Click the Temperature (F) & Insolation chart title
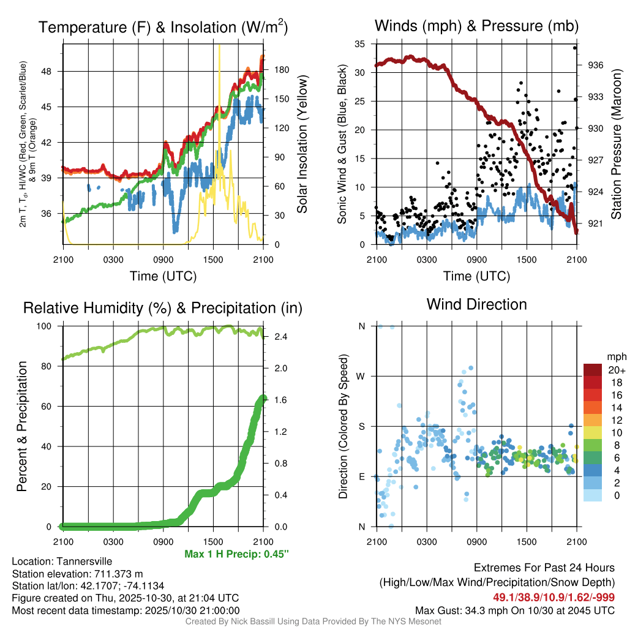pyautogui.click(x=163, y=27)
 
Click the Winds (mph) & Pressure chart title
pyautogui.click(x=476, y=26)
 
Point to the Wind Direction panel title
pyautogui.click(x=476, y=304)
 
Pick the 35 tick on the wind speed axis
pyautogui.click(x=361, y=44)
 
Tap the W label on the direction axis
pyautogui.click(x=361, y=376)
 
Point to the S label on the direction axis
pyautogui.click(x=361, y=426)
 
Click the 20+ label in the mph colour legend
pyautogui.click(x=615, y=370)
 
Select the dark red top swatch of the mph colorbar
pyautogui.click(x=593, y=370)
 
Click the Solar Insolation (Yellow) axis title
pyautogui.click(x=302, y=145)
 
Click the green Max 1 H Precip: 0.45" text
pyautogui.click(x=236, y=554)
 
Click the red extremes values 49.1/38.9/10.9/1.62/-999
pyautogui.click(x=554, y=597)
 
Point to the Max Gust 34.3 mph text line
pyautogui.click(x=515, y=610)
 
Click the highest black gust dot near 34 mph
pyautogui.click(x=575, y=48)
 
